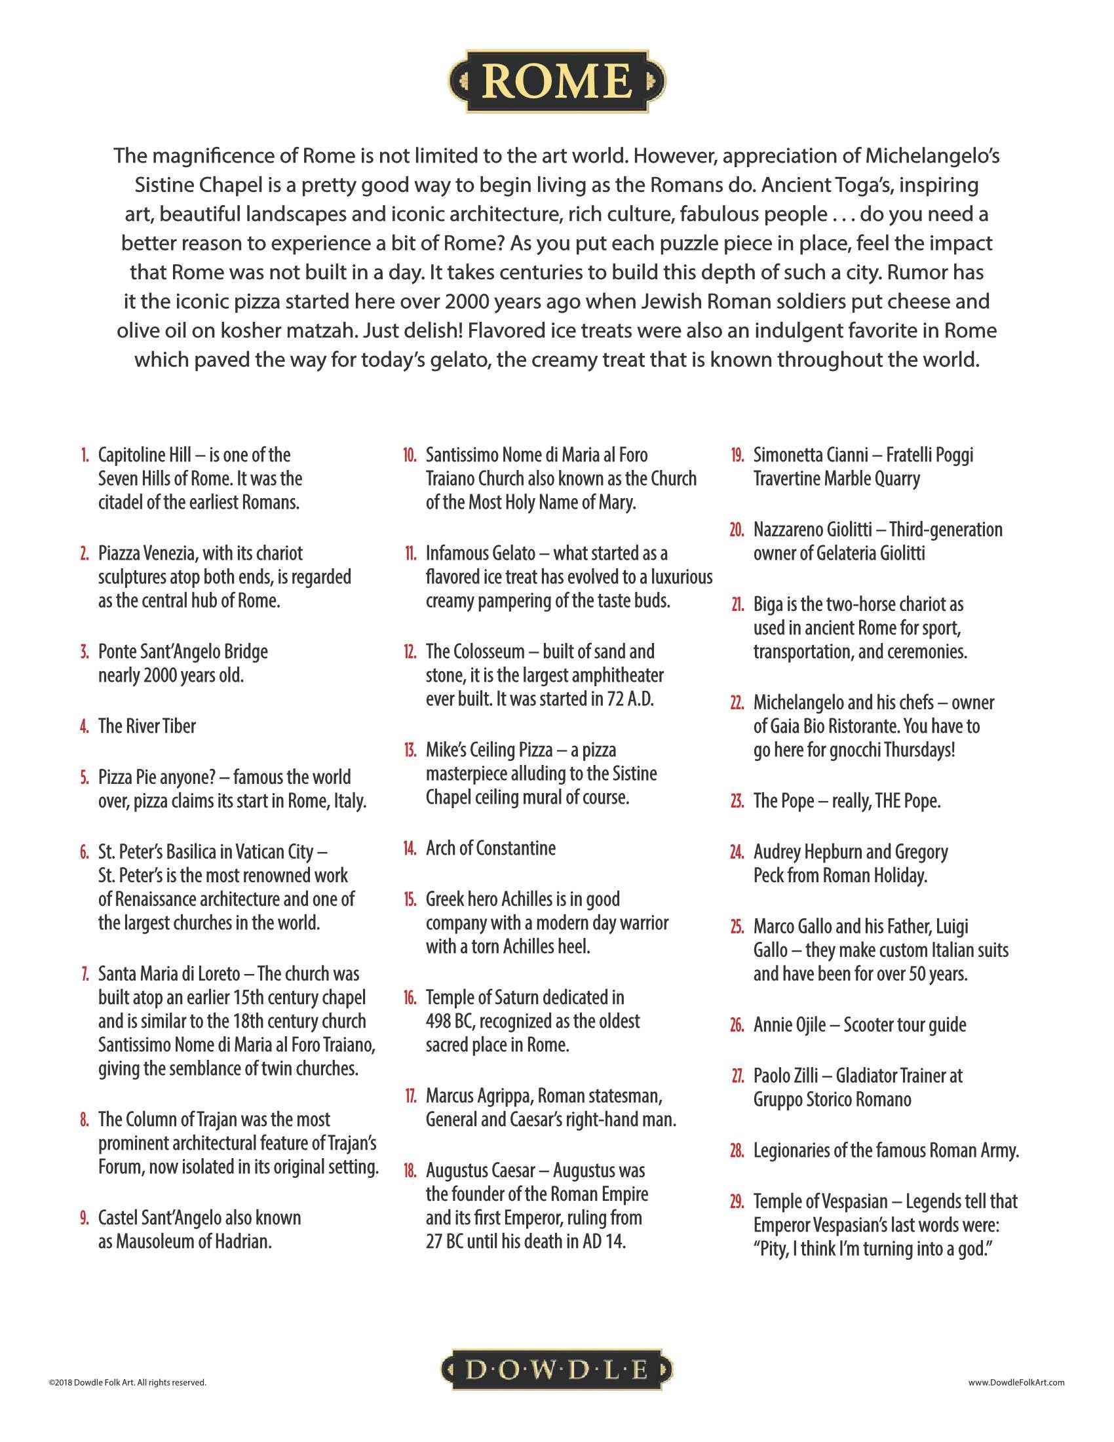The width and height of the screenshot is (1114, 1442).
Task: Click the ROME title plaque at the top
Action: (557, 80)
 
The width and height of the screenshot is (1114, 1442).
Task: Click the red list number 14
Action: (409, 848)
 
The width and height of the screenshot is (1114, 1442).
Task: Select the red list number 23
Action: (737, 802)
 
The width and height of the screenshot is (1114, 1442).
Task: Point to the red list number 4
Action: (84, 726)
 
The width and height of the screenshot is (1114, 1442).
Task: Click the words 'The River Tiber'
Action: (147, 726)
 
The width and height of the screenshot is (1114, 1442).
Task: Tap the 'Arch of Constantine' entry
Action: (490, 848)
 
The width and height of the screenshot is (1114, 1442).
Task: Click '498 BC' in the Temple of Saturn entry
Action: (448, 1021)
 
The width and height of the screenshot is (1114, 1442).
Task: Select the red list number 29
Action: (737, 1201)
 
